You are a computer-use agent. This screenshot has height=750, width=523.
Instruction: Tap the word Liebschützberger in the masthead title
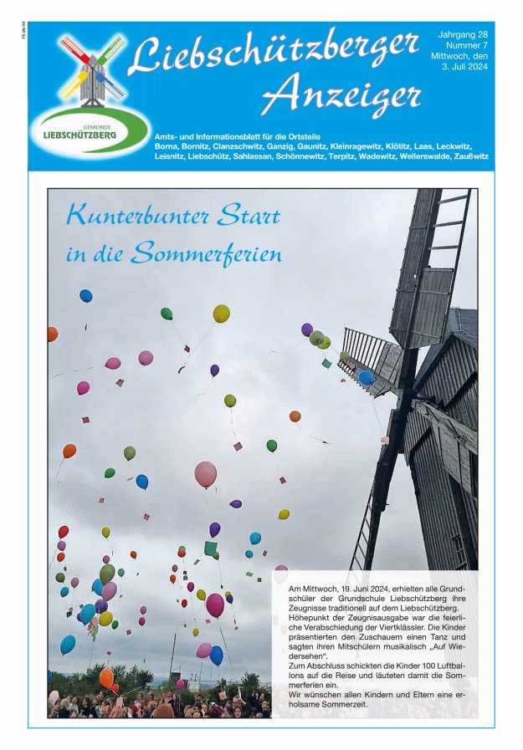pyautogui.click(x=274, y=52)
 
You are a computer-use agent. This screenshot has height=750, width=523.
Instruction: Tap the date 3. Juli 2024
pyautogui.click(x=465, y=68)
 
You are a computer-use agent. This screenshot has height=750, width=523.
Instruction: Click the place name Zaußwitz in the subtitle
pyautogui.click(x=467, y=156)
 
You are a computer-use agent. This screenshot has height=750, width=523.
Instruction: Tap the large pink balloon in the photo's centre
pyautogui.click(x=206, y=474)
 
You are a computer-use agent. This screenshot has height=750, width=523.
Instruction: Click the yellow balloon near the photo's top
pyautogui.click(x=221, y=314)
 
